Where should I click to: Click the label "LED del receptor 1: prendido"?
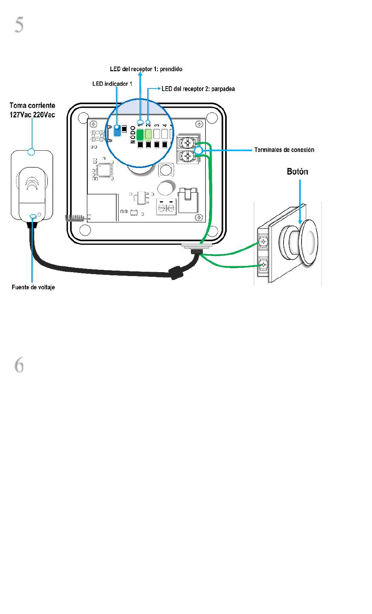click(146, 69)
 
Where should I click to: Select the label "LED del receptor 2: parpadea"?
click(198, 89)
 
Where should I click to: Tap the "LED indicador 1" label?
click(112, 84)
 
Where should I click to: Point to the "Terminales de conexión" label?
click(284, 150)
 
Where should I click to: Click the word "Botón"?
click(298, 172)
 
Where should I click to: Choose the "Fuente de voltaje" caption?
click(33, 287)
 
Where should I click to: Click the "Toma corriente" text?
click(33, 106)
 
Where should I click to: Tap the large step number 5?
click(19, 25)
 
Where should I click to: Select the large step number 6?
click(19, 365)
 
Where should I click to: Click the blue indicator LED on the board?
click(117, 130)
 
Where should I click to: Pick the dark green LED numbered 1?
click(140, 134)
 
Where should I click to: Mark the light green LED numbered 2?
click(148, 134)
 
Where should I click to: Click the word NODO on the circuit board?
click(133, 135)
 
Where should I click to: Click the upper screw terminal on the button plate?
click(263, 242)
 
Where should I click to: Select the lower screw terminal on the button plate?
click(263, 265)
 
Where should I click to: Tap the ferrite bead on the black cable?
click(175, 273)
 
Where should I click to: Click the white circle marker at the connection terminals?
click(199, 150)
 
